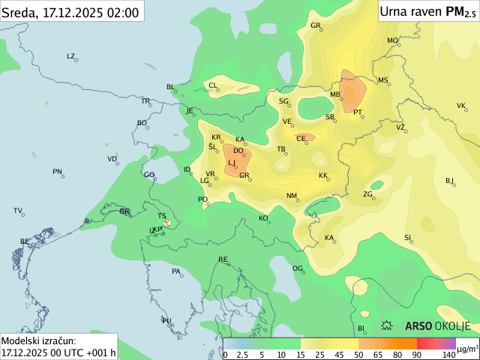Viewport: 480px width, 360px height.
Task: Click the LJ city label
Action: [232, 163]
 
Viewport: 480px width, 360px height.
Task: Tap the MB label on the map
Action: [335, 94]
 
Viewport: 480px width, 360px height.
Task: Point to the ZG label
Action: [368, 194]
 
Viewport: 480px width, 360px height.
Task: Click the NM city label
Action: [292, 196]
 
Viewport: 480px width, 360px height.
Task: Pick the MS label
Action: [383, 80]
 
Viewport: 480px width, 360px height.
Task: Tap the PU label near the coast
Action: [166, 320]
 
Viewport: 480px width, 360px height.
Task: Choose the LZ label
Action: [71, 56]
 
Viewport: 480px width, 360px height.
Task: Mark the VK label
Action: [461, 106]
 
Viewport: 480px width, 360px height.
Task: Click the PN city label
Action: [57, 172]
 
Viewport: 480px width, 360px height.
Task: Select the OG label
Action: [298, 268]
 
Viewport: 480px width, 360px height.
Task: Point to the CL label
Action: [213, 85]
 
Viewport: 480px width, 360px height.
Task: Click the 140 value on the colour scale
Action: [448, 354]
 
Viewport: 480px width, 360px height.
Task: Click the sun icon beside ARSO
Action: [388, 326]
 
